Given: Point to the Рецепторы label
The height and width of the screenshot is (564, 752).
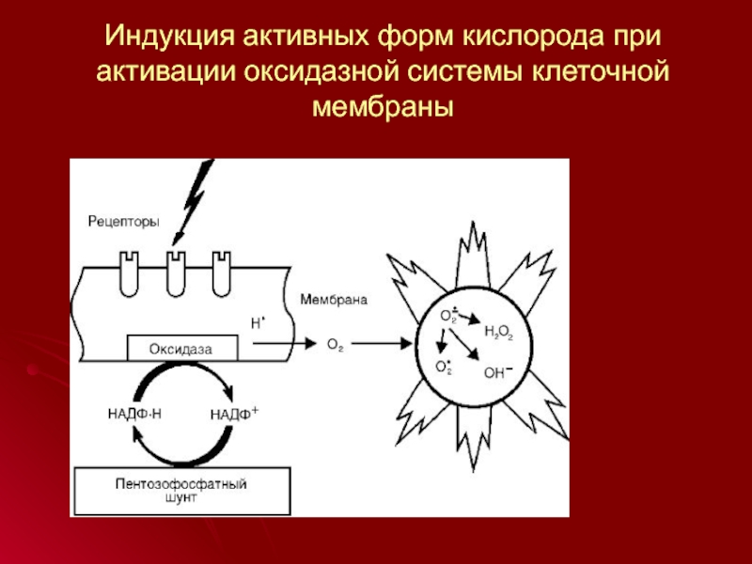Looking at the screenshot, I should (x=123, y=222).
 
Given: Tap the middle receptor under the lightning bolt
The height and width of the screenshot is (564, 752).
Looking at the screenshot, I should (x=174, y=272).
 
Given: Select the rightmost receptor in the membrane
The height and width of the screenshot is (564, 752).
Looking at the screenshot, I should (x=222, y=272).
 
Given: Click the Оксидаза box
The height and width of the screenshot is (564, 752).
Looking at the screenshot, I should (x=182, y=349).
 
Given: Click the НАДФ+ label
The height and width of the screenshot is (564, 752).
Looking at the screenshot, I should (x=234, y=412).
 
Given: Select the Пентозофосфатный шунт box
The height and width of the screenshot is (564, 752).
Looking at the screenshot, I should (x=182, y=492).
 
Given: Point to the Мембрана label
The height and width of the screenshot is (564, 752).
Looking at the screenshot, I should (x=334, y=301).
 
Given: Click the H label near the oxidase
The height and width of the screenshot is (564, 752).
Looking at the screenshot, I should (x=257, y=322).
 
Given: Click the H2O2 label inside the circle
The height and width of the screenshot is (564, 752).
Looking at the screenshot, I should (x=497, y=332).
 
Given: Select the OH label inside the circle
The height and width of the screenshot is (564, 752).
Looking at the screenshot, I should (x=497, y=372).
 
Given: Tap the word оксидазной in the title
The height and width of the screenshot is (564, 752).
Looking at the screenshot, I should (x=322, y=73).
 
